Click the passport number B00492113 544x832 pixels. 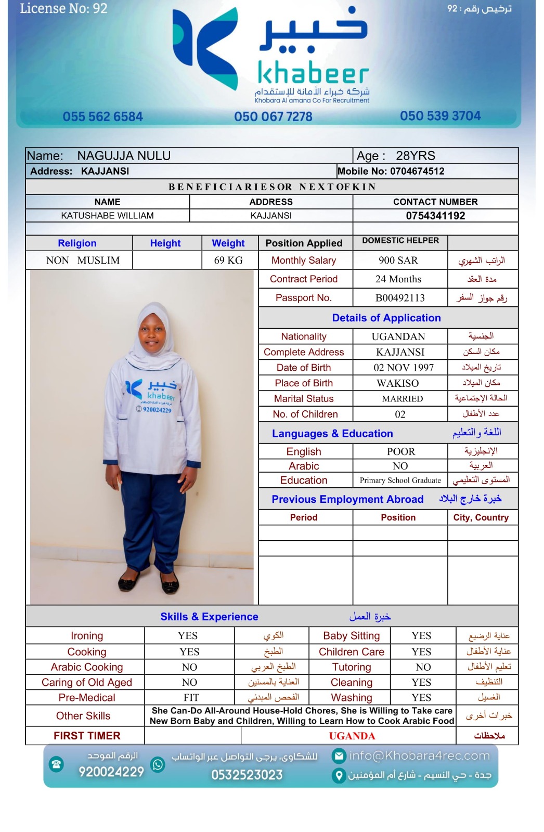[x=400, y=298]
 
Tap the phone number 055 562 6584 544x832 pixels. [x=102, y=116]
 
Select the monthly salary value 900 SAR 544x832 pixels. [x=398, y=261]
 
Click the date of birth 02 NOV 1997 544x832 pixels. [x=404, y=368]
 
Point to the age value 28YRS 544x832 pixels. [x=416, y=156]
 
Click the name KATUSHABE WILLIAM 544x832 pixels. [x=107, y=216]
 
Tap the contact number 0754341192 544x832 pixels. [x=435, y=216]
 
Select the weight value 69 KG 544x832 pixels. [x=228, y=261]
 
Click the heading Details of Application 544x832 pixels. [x=386, y=318]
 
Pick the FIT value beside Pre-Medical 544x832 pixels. [x=191, y=698]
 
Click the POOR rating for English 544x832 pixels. [x=401, y=451]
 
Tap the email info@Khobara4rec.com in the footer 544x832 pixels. [x=419, y=756]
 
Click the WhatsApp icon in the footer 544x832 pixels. [x=158, y=764]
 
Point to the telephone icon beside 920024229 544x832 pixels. [x=56, y=764]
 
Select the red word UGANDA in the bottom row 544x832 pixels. [x=352, y=736]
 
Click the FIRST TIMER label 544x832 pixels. [x=87, y=736]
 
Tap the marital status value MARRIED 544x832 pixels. [x=403, y=399]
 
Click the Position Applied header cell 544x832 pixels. [x=304, y=243]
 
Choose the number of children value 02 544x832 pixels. [x=400, y=414]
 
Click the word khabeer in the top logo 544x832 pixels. [x=313, y=74]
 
